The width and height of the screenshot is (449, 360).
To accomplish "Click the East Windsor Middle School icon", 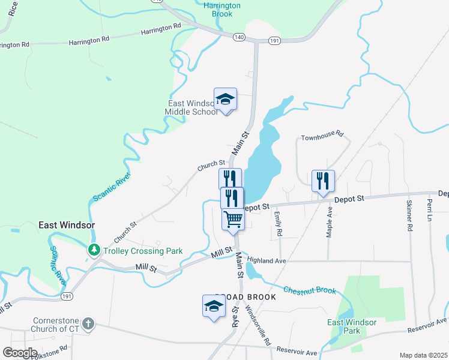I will tap(225, 99).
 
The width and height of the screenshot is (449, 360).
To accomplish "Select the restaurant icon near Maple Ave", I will tap(323, 181).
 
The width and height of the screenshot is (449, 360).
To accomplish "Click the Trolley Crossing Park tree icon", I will tap(94, 249).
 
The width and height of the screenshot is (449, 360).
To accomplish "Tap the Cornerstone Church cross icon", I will tap(88, 325).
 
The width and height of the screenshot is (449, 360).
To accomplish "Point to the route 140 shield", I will tap(240, 37).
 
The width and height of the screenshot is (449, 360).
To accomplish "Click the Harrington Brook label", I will tap(222, 9).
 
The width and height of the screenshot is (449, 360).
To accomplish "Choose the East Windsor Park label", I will tap(352, 326).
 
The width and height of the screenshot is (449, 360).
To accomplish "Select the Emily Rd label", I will tap(278, 223).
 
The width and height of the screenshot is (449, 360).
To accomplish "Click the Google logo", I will tap(20, 353).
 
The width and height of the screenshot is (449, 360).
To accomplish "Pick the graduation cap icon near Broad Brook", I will tap(212, 307).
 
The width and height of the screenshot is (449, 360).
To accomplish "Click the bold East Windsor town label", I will tap(67, 225).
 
